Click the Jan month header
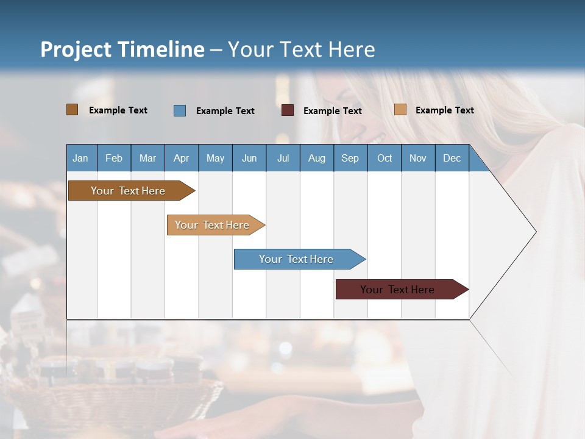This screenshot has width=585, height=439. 80,159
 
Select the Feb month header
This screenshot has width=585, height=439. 114,159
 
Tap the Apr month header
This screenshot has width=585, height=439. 181,159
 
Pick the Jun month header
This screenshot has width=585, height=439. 249,159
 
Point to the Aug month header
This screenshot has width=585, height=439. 316,159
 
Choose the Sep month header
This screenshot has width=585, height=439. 350,159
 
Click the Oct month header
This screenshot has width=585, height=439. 385,159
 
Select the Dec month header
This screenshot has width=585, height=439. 452,159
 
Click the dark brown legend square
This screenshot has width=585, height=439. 72,110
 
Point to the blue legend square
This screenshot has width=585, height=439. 180,110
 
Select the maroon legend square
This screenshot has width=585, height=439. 288,110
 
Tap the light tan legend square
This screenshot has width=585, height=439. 400,110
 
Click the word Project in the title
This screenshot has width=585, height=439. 76,49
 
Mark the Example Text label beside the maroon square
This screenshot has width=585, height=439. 333,111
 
